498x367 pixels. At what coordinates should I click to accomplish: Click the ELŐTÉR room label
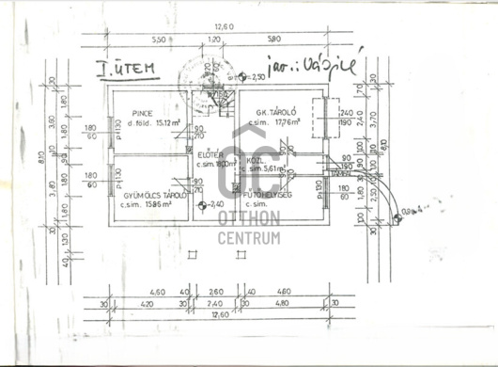209,154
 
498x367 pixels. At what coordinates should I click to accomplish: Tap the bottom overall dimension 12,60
221,316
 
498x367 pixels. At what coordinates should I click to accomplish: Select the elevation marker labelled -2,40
214,204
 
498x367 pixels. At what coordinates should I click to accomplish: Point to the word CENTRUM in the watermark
249,236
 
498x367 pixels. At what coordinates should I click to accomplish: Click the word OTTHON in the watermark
249,217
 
